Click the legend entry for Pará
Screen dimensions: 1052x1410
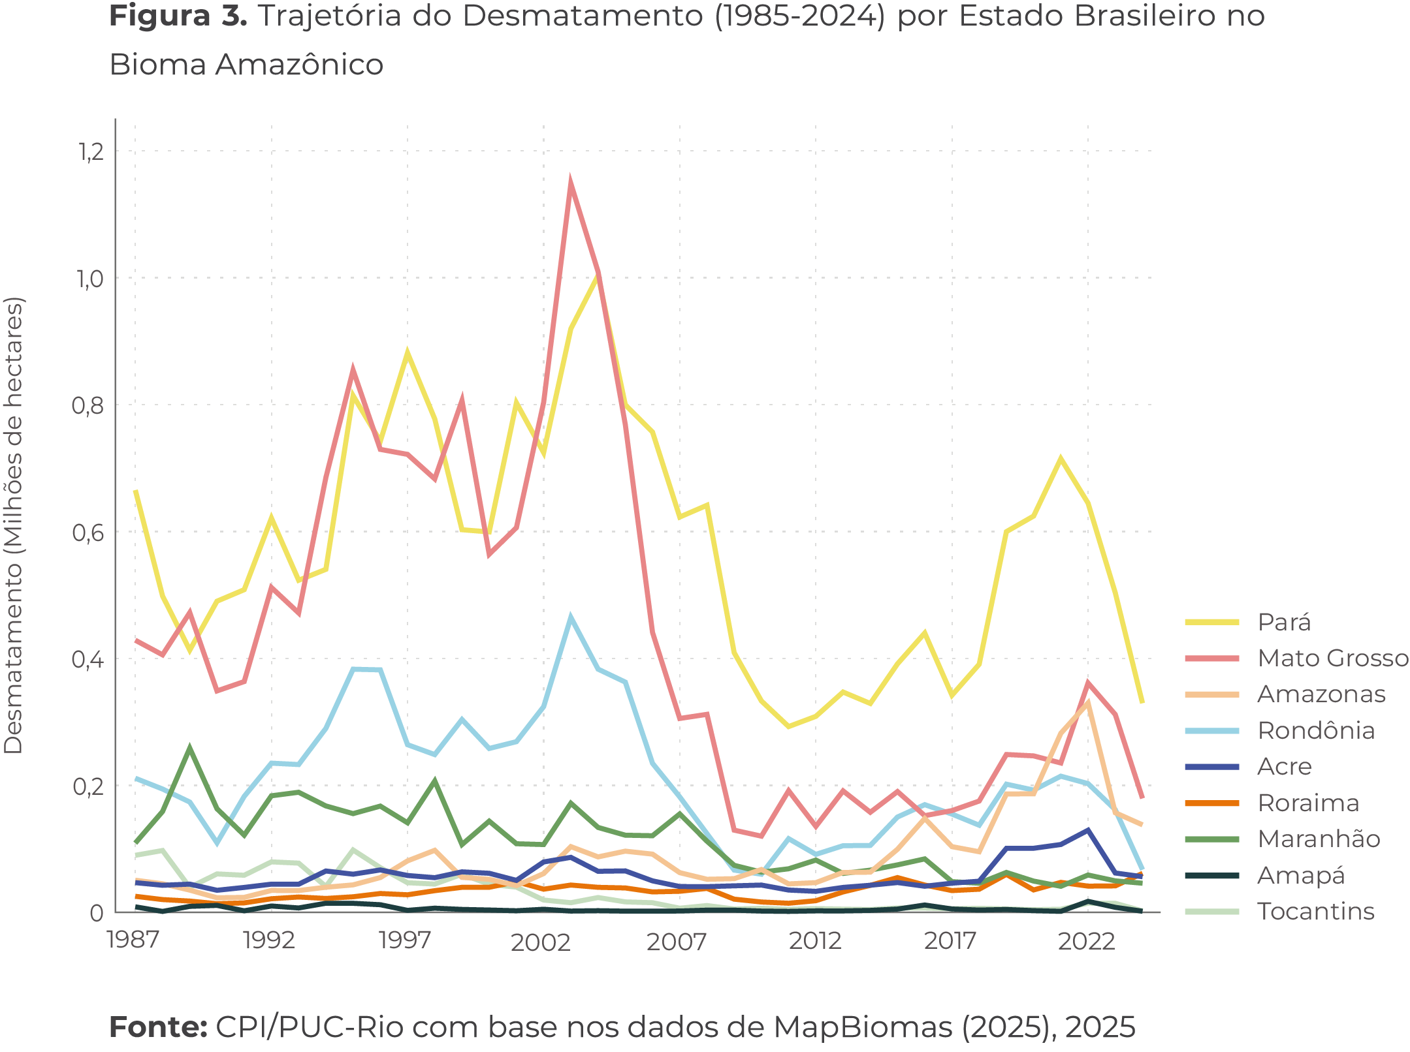(x=1283, y=622)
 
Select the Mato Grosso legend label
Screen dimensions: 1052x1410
(x=1332, y=658)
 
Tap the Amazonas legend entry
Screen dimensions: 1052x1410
(x=1321, y=694)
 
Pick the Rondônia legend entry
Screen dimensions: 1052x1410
(x=1315, y=730)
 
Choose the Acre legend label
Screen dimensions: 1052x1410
(x=1283, y=766)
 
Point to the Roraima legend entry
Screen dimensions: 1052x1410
(x=1307, y=803)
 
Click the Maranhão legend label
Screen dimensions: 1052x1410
(x=1318, y=839)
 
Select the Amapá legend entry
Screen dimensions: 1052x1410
(x=1300, y=875)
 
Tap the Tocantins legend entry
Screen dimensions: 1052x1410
(x=1315, y=911)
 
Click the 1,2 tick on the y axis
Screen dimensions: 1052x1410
(x=91, y=151)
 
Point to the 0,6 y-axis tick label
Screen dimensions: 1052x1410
(x=89, y=532)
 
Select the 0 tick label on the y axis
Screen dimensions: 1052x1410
(x=97, y=912)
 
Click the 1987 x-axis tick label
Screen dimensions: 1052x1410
(x=133, y=940)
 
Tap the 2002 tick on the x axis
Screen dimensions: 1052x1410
(x=541, y=942)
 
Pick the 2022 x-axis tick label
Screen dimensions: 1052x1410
(x=1086, y=940)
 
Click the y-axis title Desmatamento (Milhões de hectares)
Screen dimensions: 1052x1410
(x=14, y=525)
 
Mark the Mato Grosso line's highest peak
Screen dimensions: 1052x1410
(x=570, y=180)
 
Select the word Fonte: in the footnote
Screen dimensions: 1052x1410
(x=158, y=1027)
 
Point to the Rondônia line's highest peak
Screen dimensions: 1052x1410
(x=570, y=616)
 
